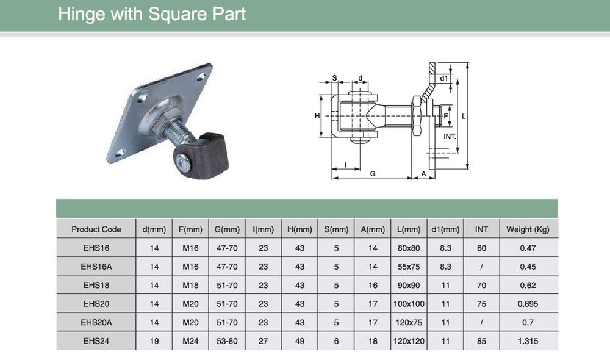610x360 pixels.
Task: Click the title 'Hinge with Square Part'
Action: (152, 14)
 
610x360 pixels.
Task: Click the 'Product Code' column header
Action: (96, 229)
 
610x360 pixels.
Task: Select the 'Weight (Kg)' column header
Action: (528, 229)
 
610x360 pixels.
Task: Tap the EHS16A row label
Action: (96, 267)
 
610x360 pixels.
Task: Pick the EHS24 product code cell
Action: (96, 341)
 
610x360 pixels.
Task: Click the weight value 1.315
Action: (528, 341)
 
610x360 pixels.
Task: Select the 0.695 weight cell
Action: (528, 304)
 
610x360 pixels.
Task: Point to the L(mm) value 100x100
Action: (409, 304)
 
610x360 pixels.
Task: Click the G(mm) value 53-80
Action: (226, 341)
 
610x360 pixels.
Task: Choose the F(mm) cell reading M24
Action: (190, 341)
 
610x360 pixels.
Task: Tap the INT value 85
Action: (481, 341)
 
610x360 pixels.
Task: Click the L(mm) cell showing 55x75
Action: (409, 267)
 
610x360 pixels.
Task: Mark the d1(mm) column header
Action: (445, 229)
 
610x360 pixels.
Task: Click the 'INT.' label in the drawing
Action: (450, 135)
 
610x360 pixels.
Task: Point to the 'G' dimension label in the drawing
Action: (372, 174)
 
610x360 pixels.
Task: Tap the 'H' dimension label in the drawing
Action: (317, 116)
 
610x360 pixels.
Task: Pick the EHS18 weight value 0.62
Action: (528, 285)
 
